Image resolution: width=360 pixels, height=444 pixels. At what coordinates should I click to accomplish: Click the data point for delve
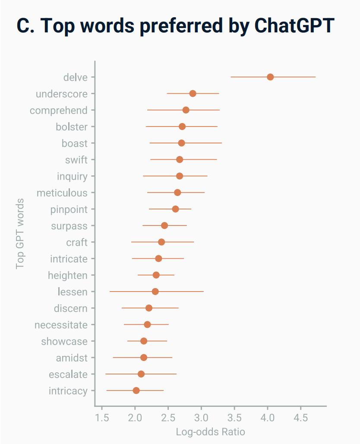click(x=270, y=77)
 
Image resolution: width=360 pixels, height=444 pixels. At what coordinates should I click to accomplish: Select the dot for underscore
click(x=193, y=94)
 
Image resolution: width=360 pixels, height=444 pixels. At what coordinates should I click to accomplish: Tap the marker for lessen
click(x=155, y=292)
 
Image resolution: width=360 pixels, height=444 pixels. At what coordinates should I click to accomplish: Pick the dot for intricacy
click(x=136, y=390)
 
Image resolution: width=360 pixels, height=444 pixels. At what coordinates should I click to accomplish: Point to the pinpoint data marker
click(x=175, y=209)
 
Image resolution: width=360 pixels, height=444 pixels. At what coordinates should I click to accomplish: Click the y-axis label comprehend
click(x=58, y=111)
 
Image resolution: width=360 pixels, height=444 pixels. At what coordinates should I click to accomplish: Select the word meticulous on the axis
click(x=62, y=193)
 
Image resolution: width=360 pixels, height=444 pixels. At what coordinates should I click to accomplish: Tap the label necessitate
click(x=61, y=325)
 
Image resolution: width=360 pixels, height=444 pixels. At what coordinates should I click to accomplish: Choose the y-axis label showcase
click(x=64, y=342)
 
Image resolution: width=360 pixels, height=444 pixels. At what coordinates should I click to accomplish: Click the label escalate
click(x=68, y=374)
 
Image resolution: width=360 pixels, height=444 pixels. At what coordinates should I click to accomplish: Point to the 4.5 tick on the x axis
click(x=301, y=418)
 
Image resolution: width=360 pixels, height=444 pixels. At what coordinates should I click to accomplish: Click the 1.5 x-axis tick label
click(x=102, y=418)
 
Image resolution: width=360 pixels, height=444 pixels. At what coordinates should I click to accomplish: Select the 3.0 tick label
click(x=201, y=418)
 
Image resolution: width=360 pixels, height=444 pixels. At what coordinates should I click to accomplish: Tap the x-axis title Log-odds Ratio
click(x=210, y=432)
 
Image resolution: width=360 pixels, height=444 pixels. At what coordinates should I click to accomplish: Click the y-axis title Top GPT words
click(x=20, y=234)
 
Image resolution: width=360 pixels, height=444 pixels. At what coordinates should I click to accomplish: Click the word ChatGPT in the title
click(x=294, y=26)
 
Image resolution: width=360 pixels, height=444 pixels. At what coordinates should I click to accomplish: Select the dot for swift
click(x=180, y=160)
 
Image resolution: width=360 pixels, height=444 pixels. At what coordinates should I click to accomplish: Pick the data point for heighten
click(x=156, y=275)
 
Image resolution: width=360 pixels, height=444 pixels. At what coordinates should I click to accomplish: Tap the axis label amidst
click(x=72, y=358)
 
